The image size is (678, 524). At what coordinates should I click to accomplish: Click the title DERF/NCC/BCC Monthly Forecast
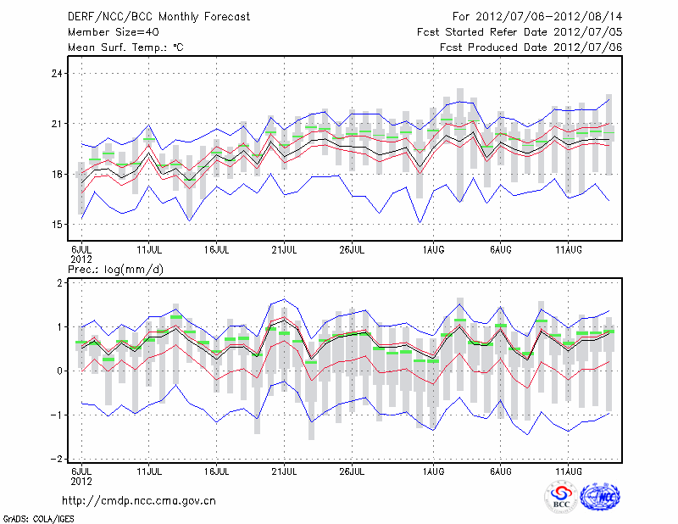click(x=147, y=17)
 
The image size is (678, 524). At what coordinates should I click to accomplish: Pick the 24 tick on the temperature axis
click(x=58, y=74)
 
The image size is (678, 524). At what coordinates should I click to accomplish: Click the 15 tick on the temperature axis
click(x=58, y=225)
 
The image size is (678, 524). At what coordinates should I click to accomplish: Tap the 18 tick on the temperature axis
click(x=58, y=175)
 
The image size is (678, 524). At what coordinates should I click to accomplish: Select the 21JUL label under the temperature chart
click(x=285, y=249)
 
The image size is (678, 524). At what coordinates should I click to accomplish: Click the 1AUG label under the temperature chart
click(x=433, y=249)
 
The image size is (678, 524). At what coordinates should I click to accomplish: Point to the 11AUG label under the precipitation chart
click(x=568, y=470)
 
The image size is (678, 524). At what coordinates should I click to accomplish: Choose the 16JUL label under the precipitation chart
click(x=217, y=470)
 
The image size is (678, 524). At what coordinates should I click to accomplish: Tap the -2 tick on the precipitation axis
click(x=58, y=459)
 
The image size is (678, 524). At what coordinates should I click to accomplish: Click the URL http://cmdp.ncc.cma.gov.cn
click(x=141, y=500)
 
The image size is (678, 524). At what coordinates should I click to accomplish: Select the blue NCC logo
click(x=600, y=497)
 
